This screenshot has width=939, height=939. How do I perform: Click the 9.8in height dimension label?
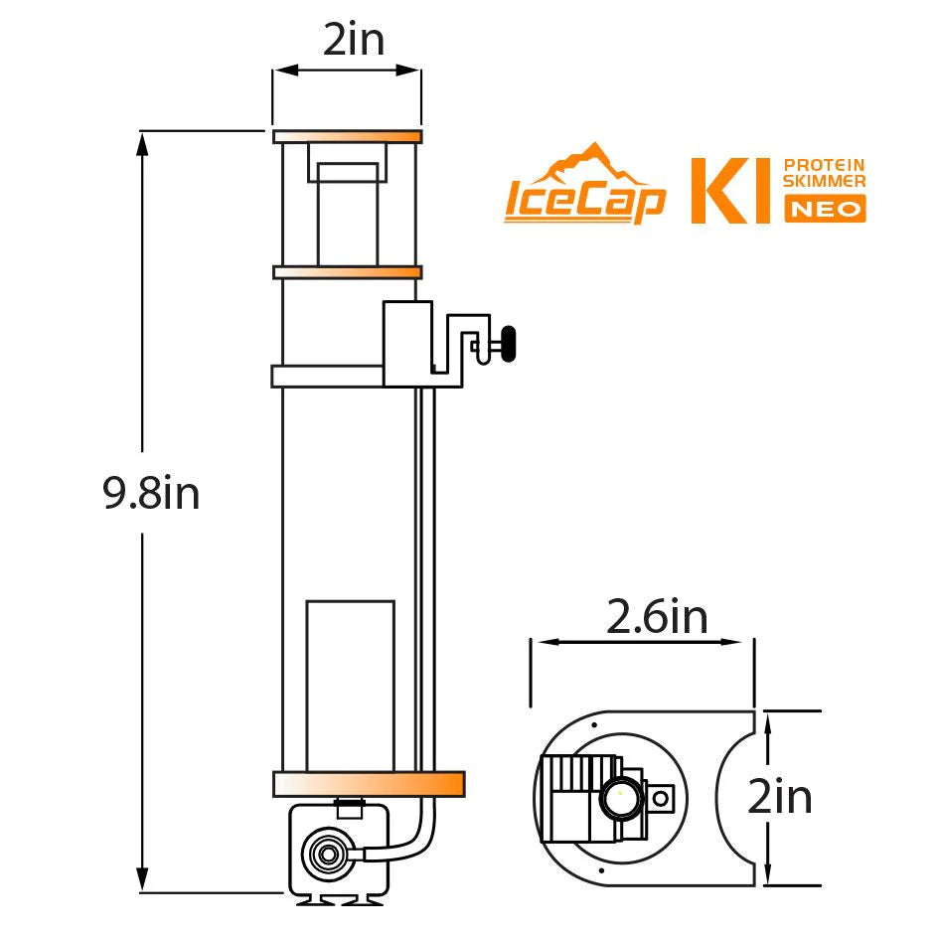click(x=151, y=494)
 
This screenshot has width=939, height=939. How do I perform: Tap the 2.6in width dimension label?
click(x=657, y=617)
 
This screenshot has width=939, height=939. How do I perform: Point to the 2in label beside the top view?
click(x=780, y=798)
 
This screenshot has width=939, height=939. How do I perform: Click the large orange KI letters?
click(x=730, y=189)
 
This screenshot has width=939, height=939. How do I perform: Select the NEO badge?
click(x=825, y=209)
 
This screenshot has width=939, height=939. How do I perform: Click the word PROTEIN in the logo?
click(x=825, y=165)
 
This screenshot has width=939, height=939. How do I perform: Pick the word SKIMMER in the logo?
click(x=825, y=181)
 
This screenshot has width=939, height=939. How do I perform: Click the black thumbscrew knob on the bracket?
click(x=510, y=345)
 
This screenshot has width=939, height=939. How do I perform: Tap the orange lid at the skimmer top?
click(x=347, y=136)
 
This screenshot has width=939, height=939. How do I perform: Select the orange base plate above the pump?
click(x=368, y=783)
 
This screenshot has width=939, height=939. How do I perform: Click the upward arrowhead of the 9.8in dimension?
click(x=143, y=144)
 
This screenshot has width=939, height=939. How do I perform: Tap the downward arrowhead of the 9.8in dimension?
click(x=143, y=880)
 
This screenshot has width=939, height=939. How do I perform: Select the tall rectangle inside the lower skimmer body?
click(x=350, y=686)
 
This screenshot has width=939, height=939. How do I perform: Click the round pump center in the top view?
click(x=619, y=796)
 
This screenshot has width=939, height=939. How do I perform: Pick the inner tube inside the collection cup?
click(x=347, y=214)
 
